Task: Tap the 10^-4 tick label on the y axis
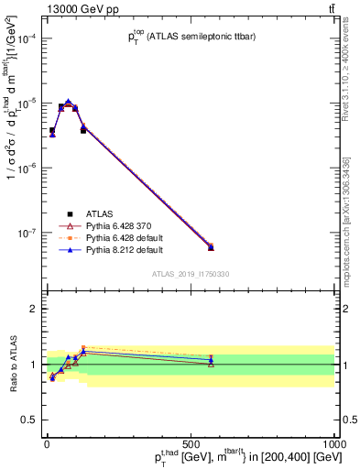pyautogui.click(x=27, y=38)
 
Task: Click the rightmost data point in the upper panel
pyautogui.click(x=211, y=247)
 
